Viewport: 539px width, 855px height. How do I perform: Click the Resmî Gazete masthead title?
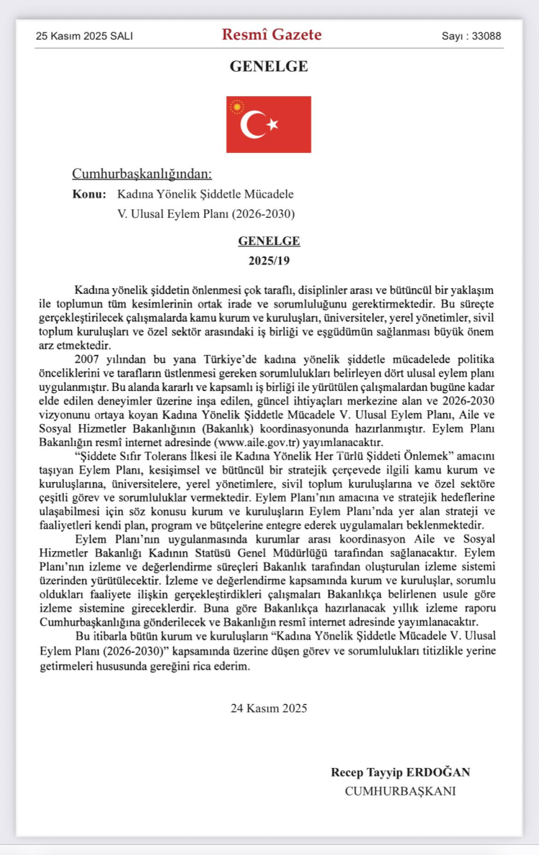(272, 34)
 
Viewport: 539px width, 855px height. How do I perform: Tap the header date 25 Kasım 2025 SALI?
(84, 36)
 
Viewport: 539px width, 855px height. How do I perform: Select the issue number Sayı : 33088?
(471, 36)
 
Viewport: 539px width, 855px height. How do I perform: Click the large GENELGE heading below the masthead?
(269, 66)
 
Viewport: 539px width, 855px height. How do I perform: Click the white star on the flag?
(272, 125)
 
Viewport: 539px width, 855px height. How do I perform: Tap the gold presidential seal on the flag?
(237, 107)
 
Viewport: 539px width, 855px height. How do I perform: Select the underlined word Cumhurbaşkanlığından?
(142, 174)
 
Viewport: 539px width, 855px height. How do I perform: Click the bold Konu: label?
(89, 194)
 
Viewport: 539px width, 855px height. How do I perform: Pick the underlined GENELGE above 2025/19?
(269, 241)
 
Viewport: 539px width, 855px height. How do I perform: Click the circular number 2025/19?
(269, 258)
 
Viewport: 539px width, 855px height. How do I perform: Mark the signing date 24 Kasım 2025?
(269, 708)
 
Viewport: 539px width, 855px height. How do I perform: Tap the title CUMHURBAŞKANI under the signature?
(400, 791)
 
